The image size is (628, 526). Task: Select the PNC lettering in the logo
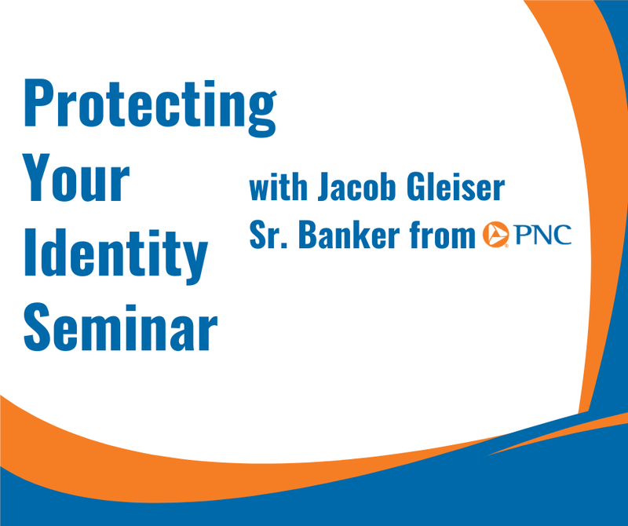click(543, 234)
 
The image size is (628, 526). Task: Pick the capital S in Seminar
click(38, 322)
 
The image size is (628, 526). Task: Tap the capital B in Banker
click(305, 234)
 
